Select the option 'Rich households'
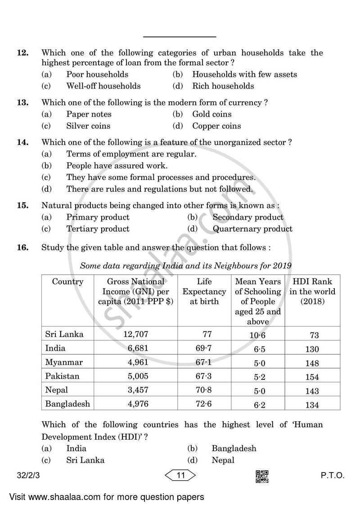tap(223, 86)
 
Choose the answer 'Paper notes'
tap(89, 114)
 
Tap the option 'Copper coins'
tap(216, 126)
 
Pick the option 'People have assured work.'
tap(117, 166)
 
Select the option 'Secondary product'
tap(248, 217)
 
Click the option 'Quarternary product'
tap(252, 229)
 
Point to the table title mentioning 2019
tap(185, 266)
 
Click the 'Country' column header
tap(67, 282)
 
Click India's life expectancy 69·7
tap(204, 348)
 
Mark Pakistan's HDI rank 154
tap(312, 377)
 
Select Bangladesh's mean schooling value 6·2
tap(260, 405)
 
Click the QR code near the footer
tap(262, 477)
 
